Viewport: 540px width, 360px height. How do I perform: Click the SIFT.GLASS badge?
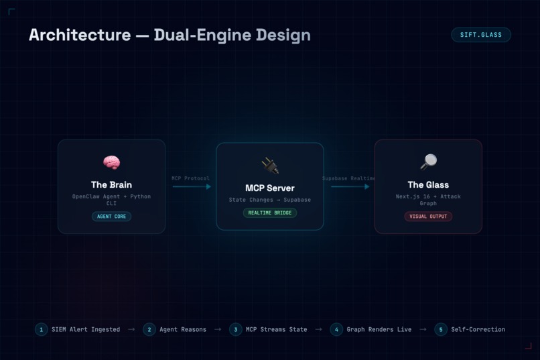click(x=481, y=35)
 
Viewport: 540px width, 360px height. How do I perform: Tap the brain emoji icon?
click(x=112, y=163)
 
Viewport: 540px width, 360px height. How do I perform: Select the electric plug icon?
click(x=270, y=166)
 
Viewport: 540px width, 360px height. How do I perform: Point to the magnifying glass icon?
click(x=428, y=162)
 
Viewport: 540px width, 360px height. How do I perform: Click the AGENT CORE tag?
click(x=112, y=217)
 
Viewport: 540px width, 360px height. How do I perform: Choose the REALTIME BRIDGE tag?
click(x=270, y=213)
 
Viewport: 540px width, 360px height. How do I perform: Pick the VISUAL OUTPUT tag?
click(x=428, y=217)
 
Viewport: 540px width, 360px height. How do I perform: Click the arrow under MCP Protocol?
click(x=192, y=187)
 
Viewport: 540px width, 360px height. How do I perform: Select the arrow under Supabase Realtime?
click(x=350, y=187)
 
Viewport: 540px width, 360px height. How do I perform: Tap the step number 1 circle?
click(x=42, y=330)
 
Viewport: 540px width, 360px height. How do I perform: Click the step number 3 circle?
click(x=236, y=330)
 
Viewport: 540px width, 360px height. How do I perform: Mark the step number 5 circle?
click(x=441, y=330)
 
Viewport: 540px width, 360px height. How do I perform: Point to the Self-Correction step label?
click(x=478, y=330)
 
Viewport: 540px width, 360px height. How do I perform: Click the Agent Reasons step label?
click(x=183, y=330)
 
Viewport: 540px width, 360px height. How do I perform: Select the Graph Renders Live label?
click(x=379, y=330)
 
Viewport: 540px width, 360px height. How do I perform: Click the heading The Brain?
click(x=112, y=185)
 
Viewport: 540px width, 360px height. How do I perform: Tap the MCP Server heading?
click(x=270, y=188)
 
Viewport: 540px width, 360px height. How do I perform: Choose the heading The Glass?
click(x=428, y=185)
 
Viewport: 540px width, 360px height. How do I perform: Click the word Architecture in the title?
click(x=80, y=35)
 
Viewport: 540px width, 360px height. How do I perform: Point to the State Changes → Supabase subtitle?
click(x=270, y=200)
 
